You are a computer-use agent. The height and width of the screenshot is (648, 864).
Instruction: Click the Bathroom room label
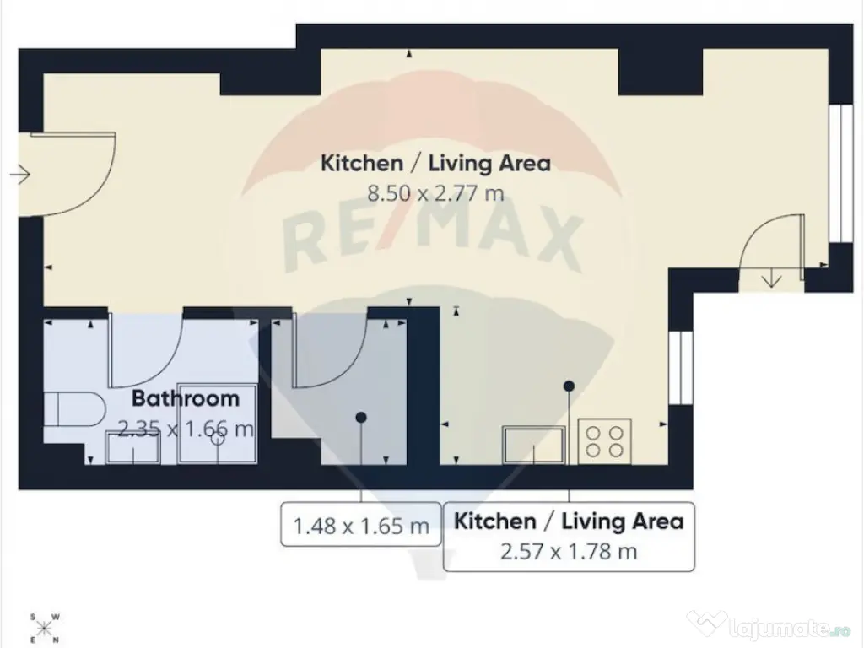(186, 398)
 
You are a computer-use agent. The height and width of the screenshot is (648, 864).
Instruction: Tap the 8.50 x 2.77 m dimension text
(435, 193)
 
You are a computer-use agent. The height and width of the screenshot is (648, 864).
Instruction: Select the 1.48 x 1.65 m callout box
(361, 524)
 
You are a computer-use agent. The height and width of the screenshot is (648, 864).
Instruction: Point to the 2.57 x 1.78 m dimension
(569, 551)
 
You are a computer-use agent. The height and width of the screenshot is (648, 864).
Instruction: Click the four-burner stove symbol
(604, 441)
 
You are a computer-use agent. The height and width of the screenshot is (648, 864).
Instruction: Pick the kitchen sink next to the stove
(534, 444)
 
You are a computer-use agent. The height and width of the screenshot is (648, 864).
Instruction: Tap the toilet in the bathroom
(74, 409)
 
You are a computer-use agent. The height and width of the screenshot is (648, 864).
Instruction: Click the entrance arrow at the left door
(20, 175)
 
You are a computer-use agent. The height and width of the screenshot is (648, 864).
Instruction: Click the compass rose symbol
(45, 628)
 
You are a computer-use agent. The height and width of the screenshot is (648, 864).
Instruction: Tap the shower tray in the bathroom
(217, 424)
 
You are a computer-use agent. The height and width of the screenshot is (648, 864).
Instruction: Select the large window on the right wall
(841, 173)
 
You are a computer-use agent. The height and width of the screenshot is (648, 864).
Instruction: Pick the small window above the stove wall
(681, 367)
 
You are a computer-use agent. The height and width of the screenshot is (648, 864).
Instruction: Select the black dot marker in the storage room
(361, 418)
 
